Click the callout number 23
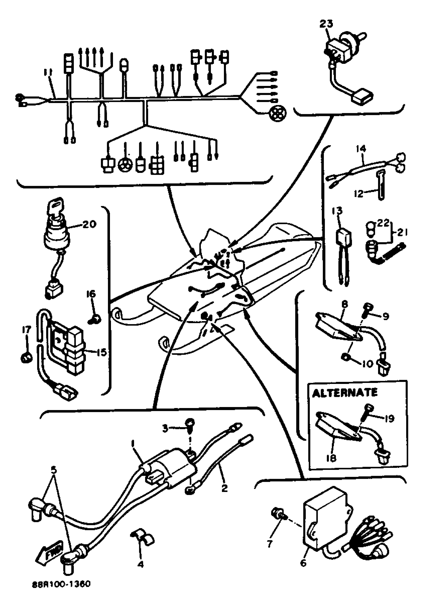coord(326,24)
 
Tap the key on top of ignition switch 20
coord(55,206)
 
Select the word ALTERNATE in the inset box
coord(345,393)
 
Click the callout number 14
coord(361,149)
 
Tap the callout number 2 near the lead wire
coord(224,487)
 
